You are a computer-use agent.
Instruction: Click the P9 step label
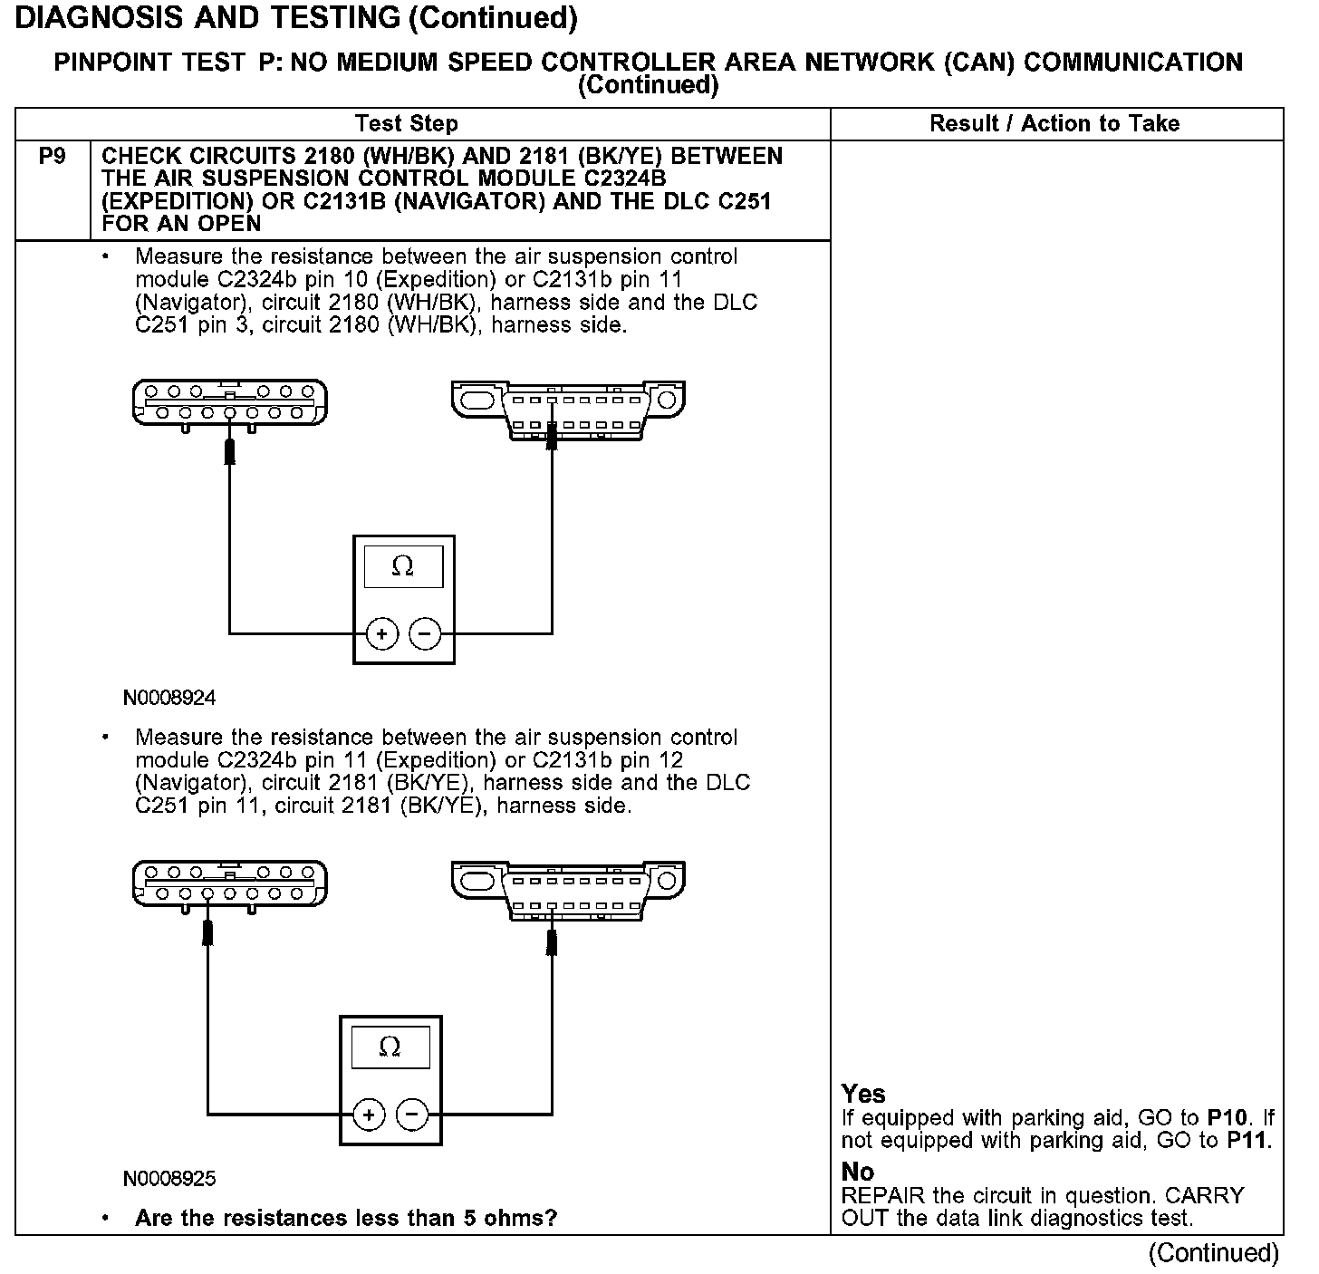coord(52,157)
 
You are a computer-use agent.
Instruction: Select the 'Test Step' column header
coord(406,124)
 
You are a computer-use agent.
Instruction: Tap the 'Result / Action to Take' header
coord(1054,124)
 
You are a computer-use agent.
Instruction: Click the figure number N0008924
coord(170,699)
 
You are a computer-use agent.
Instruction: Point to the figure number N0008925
coord(170,1179)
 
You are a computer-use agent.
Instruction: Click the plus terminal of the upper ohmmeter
coord(381,634)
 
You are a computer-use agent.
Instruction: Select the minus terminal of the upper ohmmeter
coord(425,634)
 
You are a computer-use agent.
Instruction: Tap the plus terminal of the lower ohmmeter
coord(369,1115)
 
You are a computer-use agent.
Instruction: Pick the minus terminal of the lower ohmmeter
coord(412,1115)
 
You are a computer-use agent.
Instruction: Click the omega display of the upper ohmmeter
coord(403,567)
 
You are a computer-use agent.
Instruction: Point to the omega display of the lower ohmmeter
coord(390,1047)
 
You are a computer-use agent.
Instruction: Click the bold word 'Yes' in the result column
coord(863,1094)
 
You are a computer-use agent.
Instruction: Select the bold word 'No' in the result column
coord(858,1172)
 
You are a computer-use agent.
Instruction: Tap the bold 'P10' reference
coord(1228,1118)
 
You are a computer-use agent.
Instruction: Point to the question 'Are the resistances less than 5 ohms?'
coord(346,1218)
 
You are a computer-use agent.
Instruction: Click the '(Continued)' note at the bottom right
coord(1213,1253)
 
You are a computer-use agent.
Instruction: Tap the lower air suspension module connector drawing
coord(230,884)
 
